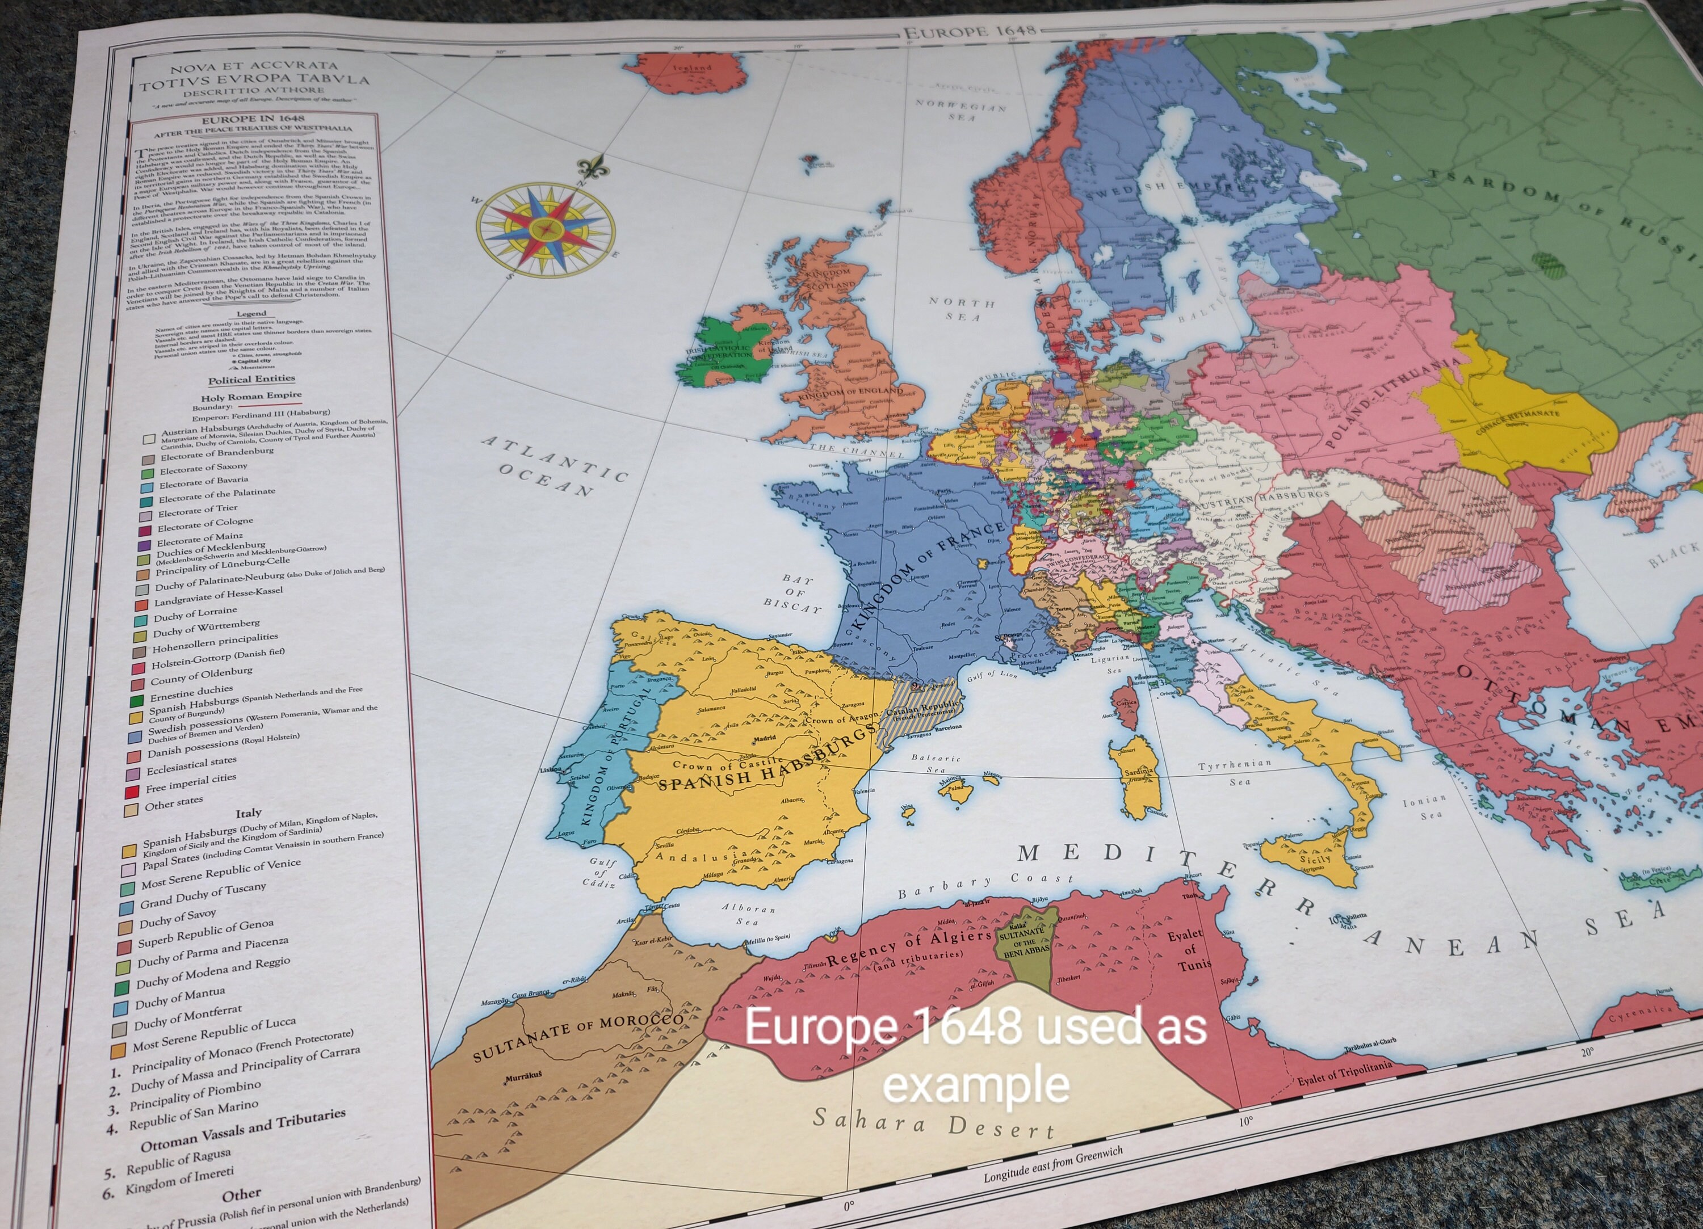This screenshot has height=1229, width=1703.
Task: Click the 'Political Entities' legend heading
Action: [x=251, y=379]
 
